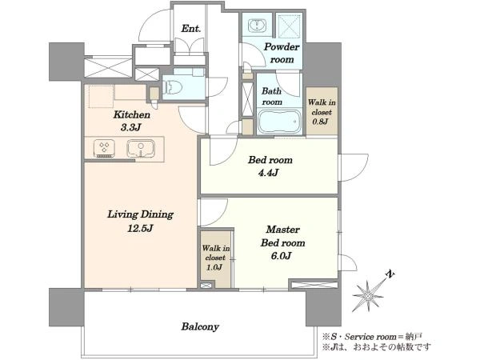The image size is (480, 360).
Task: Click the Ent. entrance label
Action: tap(190, 29)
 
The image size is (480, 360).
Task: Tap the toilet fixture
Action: tap(173, 87)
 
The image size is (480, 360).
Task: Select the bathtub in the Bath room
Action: tap(279, 122)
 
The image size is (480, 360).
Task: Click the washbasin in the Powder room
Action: tap(257, 25)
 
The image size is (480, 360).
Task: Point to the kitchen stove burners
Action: tap(104, 148)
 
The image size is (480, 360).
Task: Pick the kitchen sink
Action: tap(141, 148)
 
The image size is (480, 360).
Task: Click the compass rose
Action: tap(368, 295)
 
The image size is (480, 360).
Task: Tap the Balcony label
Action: tap(200, 326)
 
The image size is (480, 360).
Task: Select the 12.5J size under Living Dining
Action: tap(140, 228)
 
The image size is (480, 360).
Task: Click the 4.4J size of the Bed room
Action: tap(268, 173)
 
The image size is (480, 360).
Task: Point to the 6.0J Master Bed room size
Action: tap(281, 256)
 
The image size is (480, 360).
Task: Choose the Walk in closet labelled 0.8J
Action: tap(322, 111)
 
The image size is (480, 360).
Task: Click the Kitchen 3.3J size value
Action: tap(131, 127)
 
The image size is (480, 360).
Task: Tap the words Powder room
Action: tap(282, 53)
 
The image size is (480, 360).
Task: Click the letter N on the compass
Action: tap(390, 274)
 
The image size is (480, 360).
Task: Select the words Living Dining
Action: tap(140, 214)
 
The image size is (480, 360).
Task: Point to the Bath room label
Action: tap(271, 96)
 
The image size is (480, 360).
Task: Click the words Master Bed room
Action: tap(282, 236)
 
